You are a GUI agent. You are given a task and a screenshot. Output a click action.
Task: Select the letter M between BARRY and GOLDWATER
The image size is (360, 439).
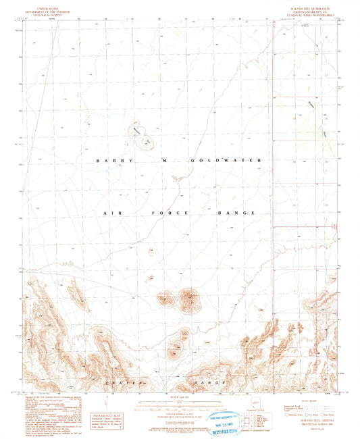coord(163,160)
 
